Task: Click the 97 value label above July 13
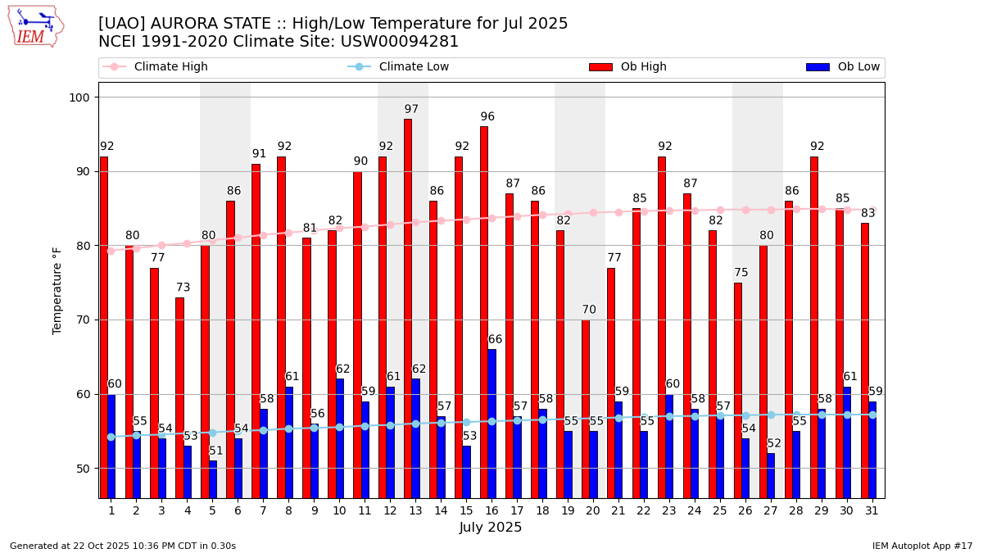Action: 411,109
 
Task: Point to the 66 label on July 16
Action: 496,339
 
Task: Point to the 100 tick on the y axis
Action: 83,97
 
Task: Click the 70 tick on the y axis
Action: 86,320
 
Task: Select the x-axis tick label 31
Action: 872,510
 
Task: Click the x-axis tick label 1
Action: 111,510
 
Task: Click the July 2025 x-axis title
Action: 491,528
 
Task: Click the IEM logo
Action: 35,26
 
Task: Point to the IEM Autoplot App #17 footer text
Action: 922,546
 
